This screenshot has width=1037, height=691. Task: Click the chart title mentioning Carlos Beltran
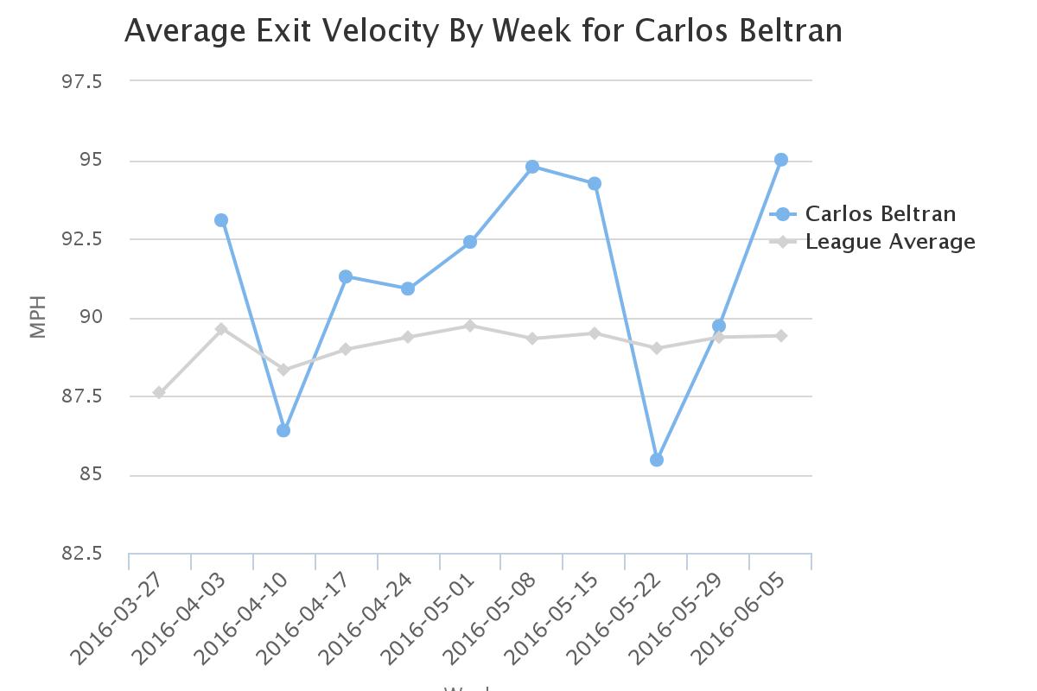tap(483, 31)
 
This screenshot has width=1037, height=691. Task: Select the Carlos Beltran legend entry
tap(880, 214)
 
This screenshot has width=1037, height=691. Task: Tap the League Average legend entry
tap(889, 242)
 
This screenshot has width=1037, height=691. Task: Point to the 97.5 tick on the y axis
tap(80, 81)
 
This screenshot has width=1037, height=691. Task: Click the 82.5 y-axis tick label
tap(80, 554)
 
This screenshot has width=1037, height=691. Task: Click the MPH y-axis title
tap(37, 318)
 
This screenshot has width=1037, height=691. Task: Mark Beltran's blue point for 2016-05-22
tap(657, 460)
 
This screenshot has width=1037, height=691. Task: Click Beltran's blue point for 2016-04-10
tap(283, 430)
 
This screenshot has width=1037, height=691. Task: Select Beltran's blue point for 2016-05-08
tap(532, 167)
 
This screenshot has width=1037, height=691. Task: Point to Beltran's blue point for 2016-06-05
tap(781, 160)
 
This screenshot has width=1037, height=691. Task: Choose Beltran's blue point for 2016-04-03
tap(221, 220)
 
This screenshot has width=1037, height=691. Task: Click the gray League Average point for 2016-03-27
tap(159, 392)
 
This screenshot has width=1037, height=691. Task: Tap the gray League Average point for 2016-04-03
tap(221, 329)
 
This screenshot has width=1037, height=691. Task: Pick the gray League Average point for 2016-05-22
tap(657, 348)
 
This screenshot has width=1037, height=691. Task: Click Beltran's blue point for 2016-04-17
tap(346, 276)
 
